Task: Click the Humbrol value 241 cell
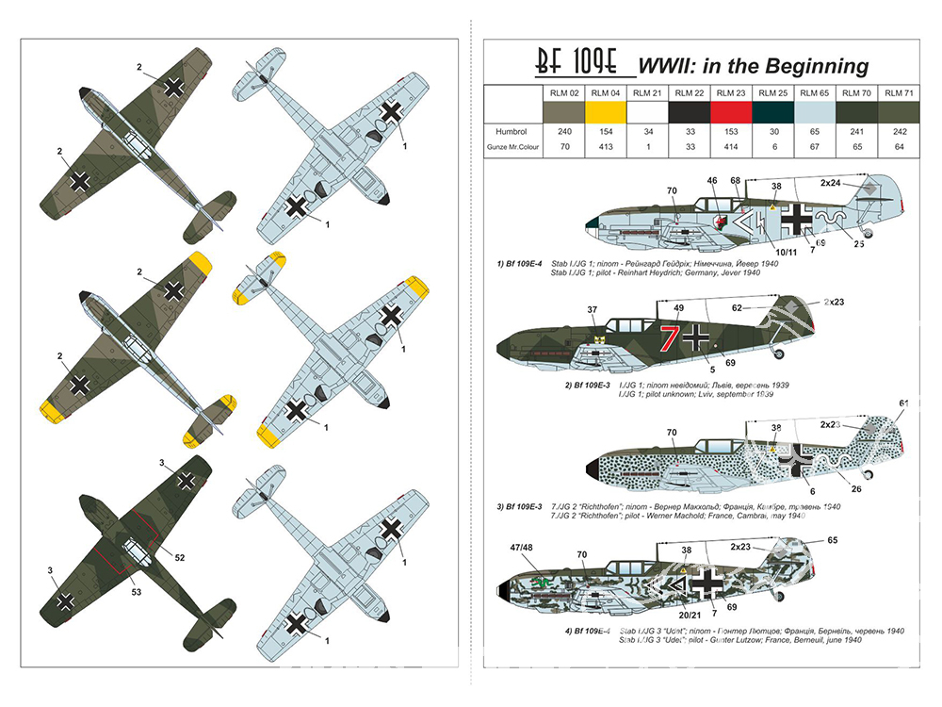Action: pyautogui.click(x=854, y=132)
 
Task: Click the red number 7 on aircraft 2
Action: pyautogui.click(x=670, y=336)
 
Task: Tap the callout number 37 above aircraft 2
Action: pyautogui.click(x=592, y=310)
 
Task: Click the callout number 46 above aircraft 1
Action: pyautogui.click(x=711, y=180)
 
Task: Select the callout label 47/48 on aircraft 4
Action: pyautogui.click(x=520, y=548)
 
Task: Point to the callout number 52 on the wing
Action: pyautogui.click(x=180, y=558)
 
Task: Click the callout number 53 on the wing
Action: pyautogui.click(x=138, y=592)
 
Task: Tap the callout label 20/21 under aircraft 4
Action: pyautogui.click(x=666, y=615)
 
